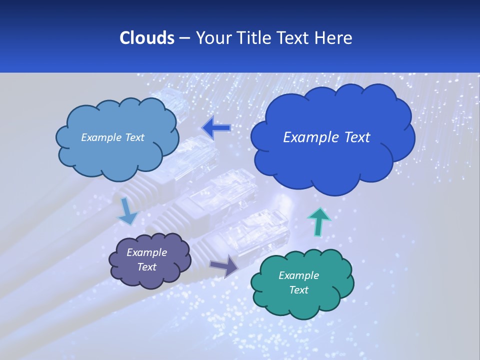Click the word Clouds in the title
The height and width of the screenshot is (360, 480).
[146, 38]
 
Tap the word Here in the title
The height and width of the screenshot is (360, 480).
[333, 38]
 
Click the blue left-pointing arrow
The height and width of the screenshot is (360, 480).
[216, 128]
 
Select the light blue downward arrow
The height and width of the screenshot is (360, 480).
[127, 211]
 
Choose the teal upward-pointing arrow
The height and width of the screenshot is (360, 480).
[318, 221]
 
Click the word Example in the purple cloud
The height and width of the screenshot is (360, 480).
[146, 252]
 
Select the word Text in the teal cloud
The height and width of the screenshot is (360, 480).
[298, 290]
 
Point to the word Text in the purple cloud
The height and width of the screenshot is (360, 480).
[146, 267]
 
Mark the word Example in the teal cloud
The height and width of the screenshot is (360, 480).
[298, 275]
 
